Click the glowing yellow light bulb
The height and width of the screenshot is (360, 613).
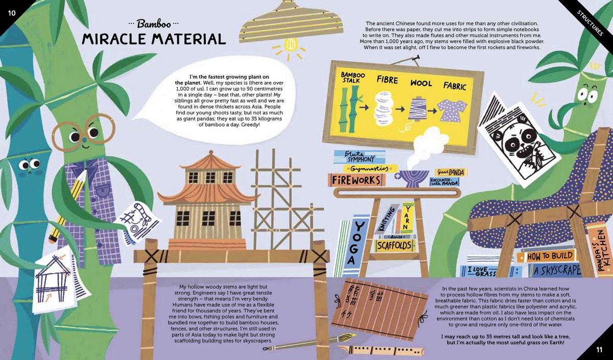pyautogui.click(x=291, y=44)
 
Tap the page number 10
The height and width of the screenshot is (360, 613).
pyautogui.click(x=12, y=13)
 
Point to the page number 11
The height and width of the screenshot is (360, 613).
pyautogui.click(x=599, y=350)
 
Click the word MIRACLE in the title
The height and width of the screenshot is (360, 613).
pyautogui.click(x=115, y=39)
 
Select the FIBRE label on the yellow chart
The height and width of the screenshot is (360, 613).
pyautogui.click(x=387, y=79)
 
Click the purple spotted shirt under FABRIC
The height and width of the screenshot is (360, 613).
pyautogui.click(x=452, y=110)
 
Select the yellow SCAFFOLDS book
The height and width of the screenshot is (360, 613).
pyautogui.click(x=394, y=246)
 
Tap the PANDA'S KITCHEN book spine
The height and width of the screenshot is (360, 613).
pyautogui.click(x=601, y=250)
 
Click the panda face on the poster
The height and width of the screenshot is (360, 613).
pyautogui.click(x=516, y=143)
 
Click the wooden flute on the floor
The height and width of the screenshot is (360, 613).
pyautogui.click(x=381, y=350)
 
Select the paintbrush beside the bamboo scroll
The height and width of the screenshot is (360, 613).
pyautogui.click(x=309, y=342)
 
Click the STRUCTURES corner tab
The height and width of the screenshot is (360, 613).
pyautogui.click(x=590, y=23)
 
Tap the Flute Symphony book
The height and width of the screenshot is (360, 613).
pyautogui.click(x=359, y=157)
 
